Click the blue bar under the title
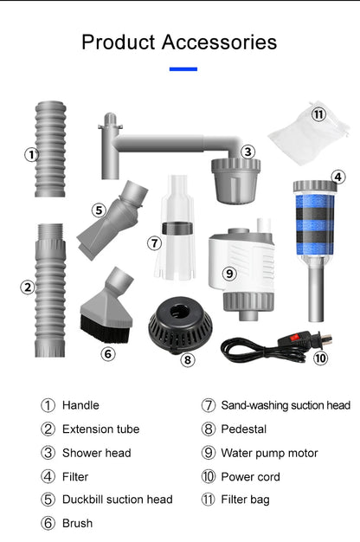tap(183, 69)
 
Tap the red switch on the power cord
tap(294, 337)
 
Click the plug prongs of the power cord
tap(326, 338)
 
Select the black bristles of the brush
tap(105, 329)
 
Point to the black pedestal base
tap(180, 325)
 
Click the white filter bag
tap(309, 133)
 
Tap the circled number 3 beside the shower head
tap(247, 152)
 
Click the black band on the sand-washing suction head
tap(177, 228)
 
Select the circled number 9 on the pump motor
tap(229, 274)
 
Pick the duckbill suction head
tap(112, 220)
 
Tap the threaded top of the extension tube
tap(50, 231)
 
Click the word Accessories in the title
tap(219, 42)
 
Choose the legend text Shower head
tap(97, 453)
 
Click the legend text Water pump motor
tap(269, 453)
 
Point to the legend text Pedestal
tap(243, 429)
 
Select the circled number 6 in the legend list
tap(48, 523)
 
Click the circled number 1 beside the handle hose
tap(31, 154)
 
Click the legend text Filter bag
tap(245, 500)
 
